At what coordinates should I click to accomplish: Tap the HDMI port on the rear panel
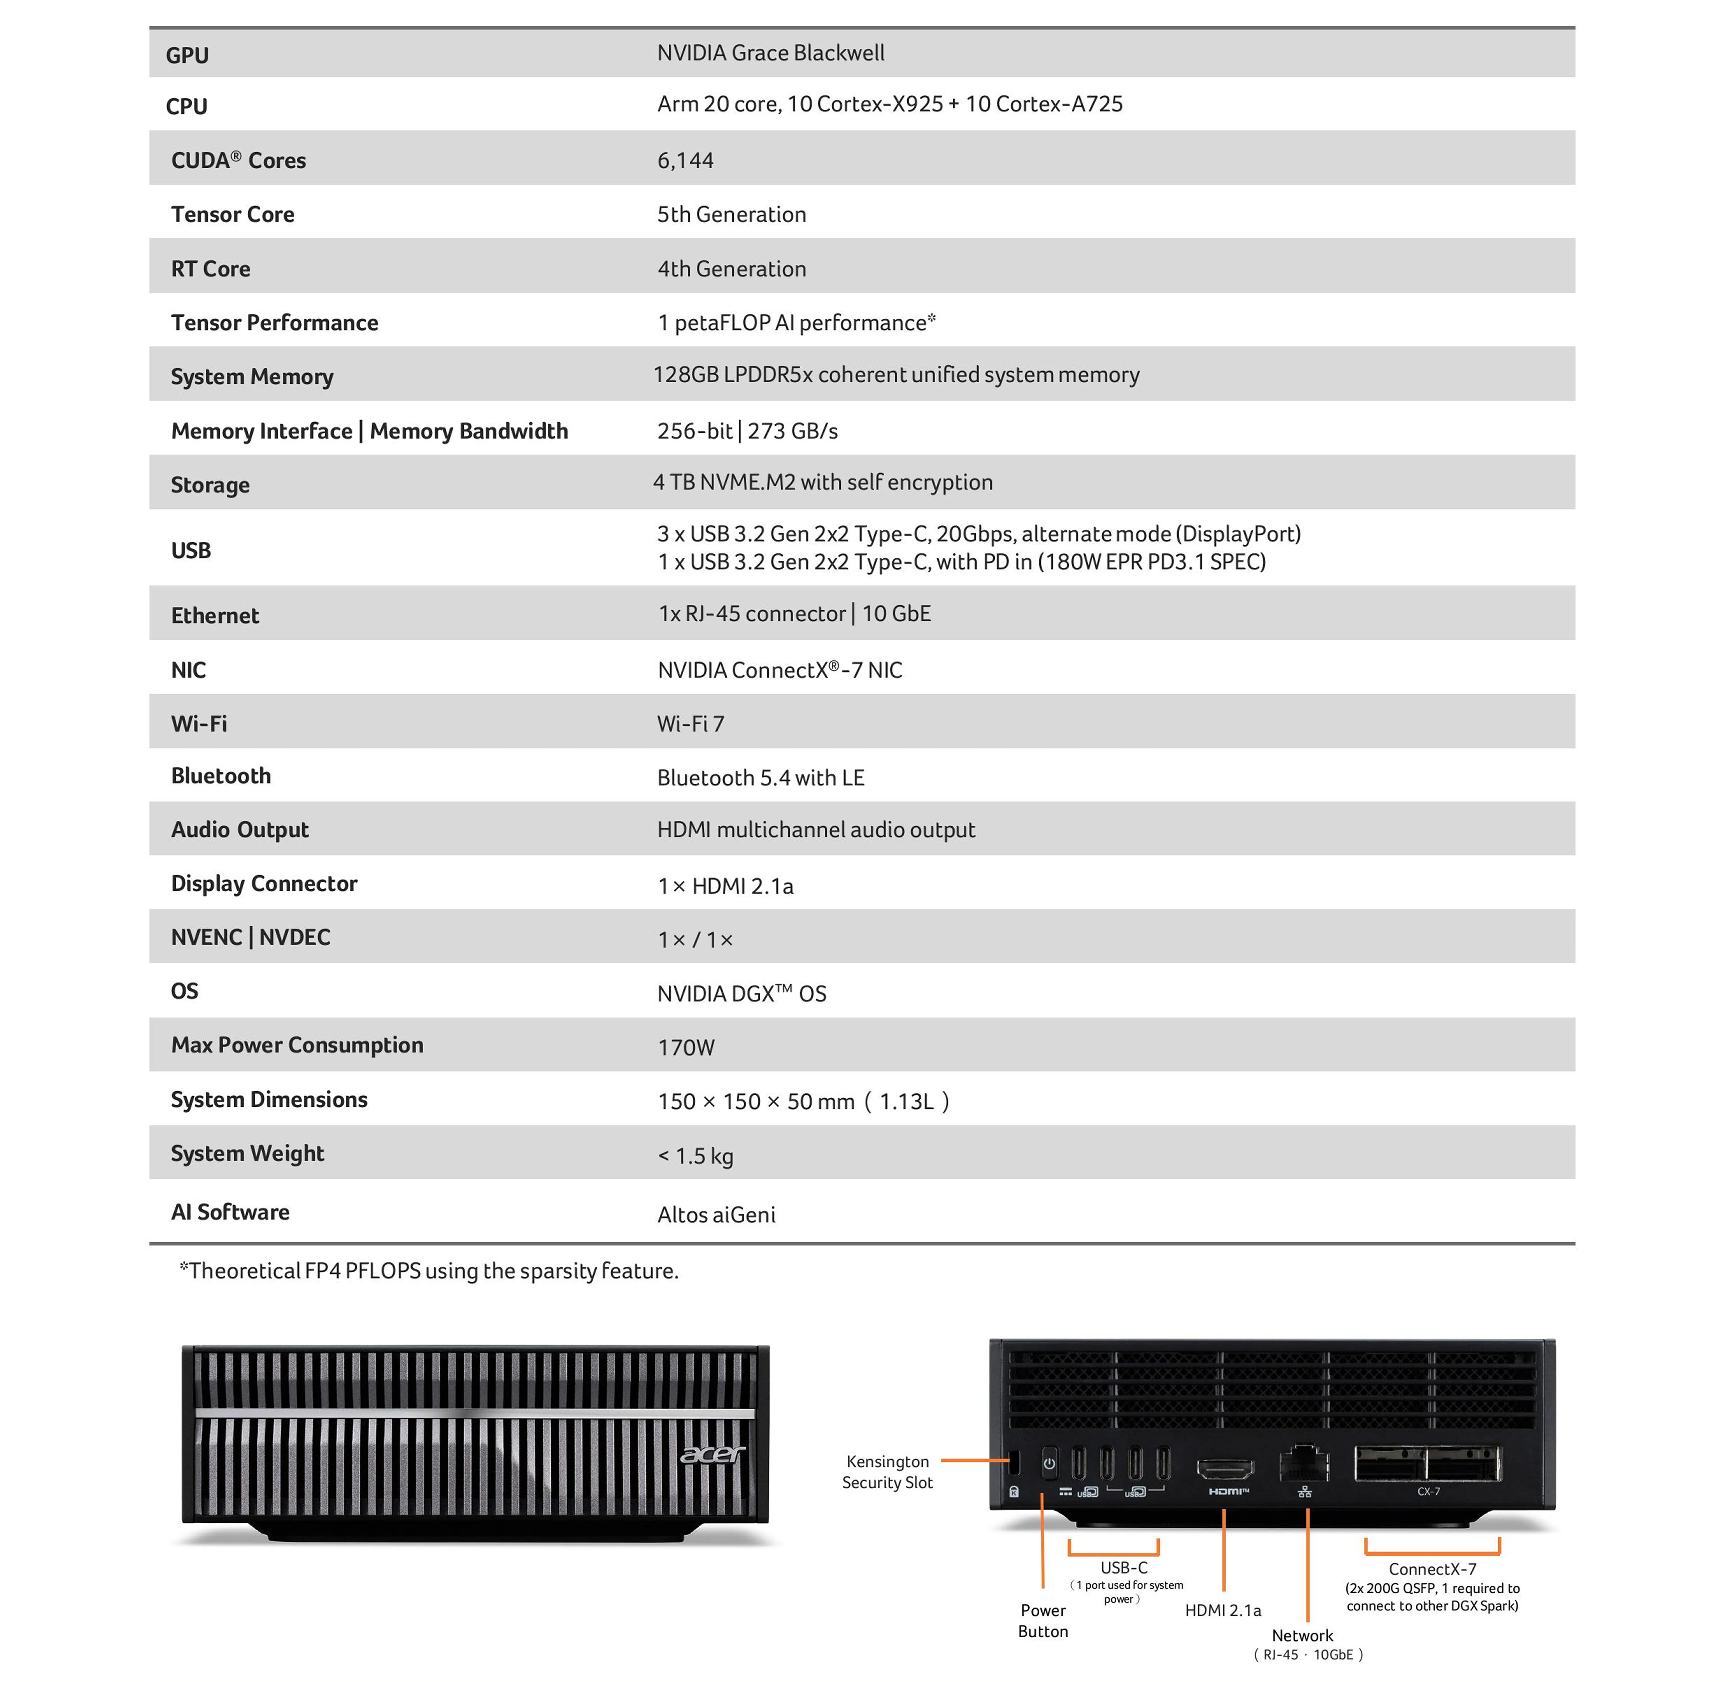1225,1469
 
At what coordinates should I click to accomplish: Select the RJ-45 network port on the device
1304,1464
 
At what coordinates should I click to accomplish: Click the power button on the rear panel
1049,1464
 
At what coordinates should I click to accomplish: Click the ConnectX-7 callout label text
1432,1569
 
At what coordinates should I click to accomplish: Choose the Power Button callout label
1043,1621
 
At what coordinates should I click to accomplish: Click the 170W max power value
686,1047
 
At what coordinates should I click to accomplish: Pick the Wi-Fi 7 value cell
690,723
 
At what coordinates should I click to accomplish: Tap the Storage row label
210,485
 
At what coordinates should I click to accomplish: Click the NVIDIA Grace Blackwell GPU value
771,53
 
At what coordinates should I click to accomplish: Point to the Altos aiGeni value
717,1214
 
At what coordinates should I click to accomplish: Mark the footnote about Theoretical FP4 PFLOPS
429,1271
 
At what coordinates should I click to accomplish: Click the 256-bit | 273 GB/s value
748,431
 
